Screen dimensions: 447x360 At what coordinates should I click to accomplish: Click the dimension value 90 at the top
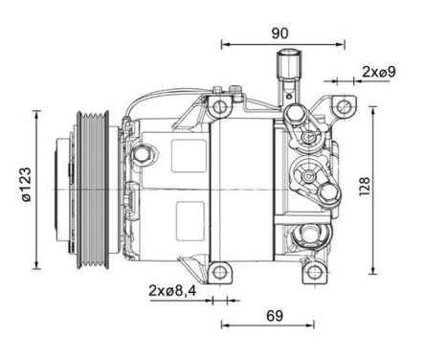(x=279, y=34)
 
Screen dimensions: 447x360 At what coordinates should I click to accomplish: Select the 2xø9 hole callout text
(x=379, y=72)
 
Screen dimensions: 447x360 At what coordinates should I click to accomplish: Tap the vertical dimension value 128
(x=364, y=187)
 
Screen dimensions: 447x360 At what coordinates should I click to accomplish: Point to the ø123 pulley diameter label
(x=27, y=185)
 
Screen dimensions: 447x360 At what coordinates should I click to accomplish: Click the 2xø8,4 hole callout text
(x=172, y=291)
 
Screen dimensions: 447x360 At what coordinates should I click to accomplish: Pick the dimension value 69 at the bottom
(x=275, y=316)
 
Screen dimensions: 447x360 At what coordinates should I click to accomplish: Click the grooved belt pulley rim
(x=93, y=191)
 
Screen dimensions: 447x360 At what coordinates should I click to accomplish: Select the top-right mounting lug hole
(x=344, y=106)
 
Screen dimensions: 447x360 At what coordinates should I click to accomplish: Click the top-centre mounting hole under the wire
(x=219, y=106)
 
